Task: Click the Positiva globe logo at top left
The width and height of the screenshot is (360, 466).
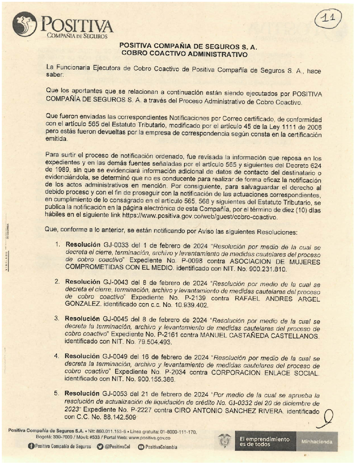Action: (x=24, y=24)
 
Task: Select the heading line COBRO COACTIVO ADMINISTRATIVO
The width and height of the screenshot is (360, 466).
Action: (x=184, y=54)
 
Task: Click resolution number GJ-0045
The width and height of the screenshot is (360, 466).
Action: (x=115, y=319)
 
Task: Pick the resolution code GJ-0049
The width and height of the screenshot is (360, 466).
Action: (x=115, y=357)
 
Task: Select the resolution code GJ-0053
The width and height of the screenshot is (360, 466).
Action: (x=115, y=394)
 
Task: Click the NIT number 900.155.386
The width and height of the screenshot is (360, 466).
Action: (x=156, y=379)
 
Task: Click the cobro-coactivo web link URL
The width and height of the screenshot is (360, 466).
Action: (x=200, y=217)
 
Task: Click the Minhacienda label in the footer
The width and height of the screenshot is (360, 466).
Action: (x=317, y=442)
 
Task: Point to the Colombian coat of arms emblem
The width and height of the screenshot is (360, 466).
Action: (x=224, y=441)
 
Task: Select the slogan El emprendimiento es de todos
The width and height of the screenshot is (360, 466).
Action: (x=265, y=442)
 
